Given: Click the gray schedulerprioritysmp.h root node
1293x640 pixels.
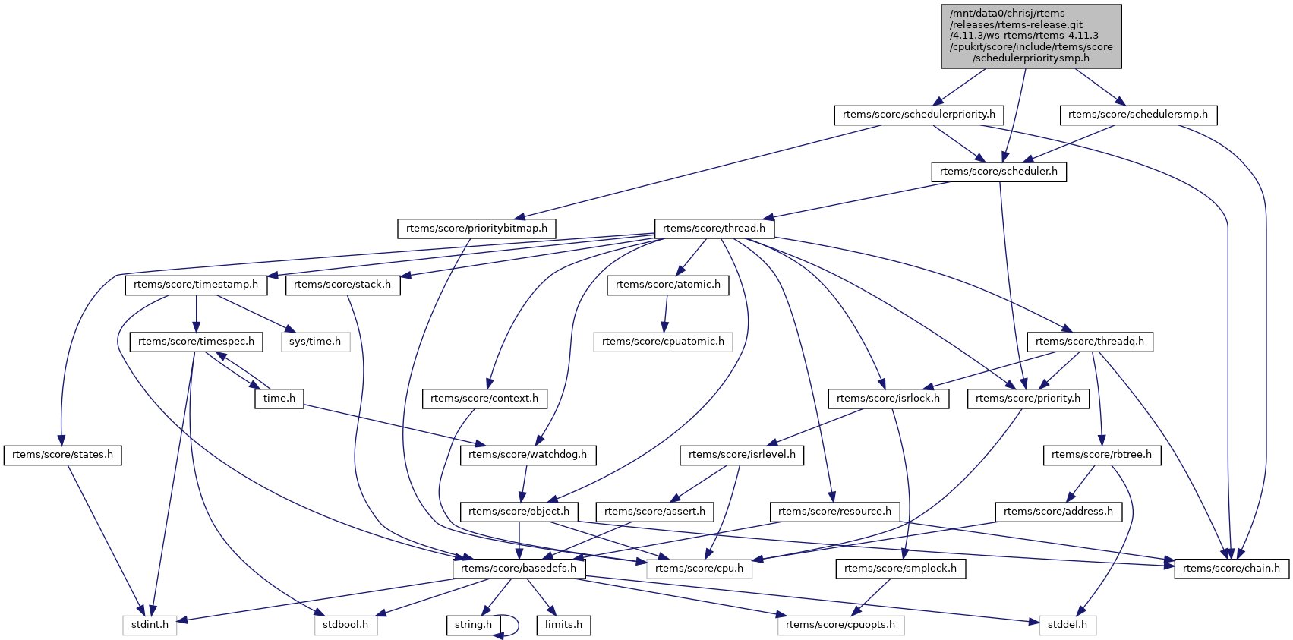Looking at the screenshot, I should click(1031, 36).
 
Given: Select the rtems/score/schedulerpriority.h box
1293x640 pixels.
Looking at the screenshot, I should click(919, 115).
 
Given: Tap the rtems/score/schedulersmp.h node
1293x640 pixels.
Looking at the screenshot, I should click(1137, 115).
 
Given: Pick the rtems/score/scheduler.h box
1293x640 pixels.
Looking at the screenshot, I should click(998, 172).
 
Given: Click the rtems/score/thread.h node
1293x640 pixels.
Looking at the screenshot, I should click(714, 229).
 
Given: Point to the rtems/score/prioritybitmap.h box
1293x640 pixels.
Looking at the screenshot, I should click(476, 229).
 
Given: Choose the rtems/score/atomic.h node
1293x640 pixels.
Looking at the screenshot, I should click(667, 285).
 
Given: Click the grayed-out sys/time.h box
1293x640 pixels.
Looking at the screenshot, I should click(315, 342).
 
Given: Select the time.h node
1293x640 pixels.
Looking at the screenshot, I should click(279, 399).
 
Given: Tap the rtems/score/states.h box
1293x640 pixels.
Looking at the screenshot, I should click(62, 455).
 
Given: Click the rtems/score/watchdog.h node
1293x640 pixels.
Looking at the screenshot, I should click(528, 455).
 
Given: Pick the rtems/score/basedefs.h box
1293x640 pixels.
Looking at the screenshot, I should click(519, 569).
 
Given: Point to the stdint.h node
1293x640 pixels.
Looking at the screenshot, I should click(149, 625).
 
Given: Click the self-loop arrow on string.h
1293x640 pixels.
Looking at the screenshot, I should click(517, 625).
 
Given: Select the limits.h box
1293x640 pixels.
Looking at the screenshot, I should click(563, 625).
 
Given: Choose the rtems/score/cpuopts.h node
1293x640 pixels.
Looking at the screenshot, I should click(840, 625).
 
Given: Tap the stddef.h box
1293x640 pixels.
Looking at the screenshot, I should click(1067, 625).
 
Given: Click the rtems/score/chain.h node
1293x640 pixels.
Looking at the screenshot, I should click(1231, 569).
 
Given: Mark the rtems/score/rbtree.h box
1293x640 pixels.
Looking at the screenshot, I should click(1102, 455).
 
